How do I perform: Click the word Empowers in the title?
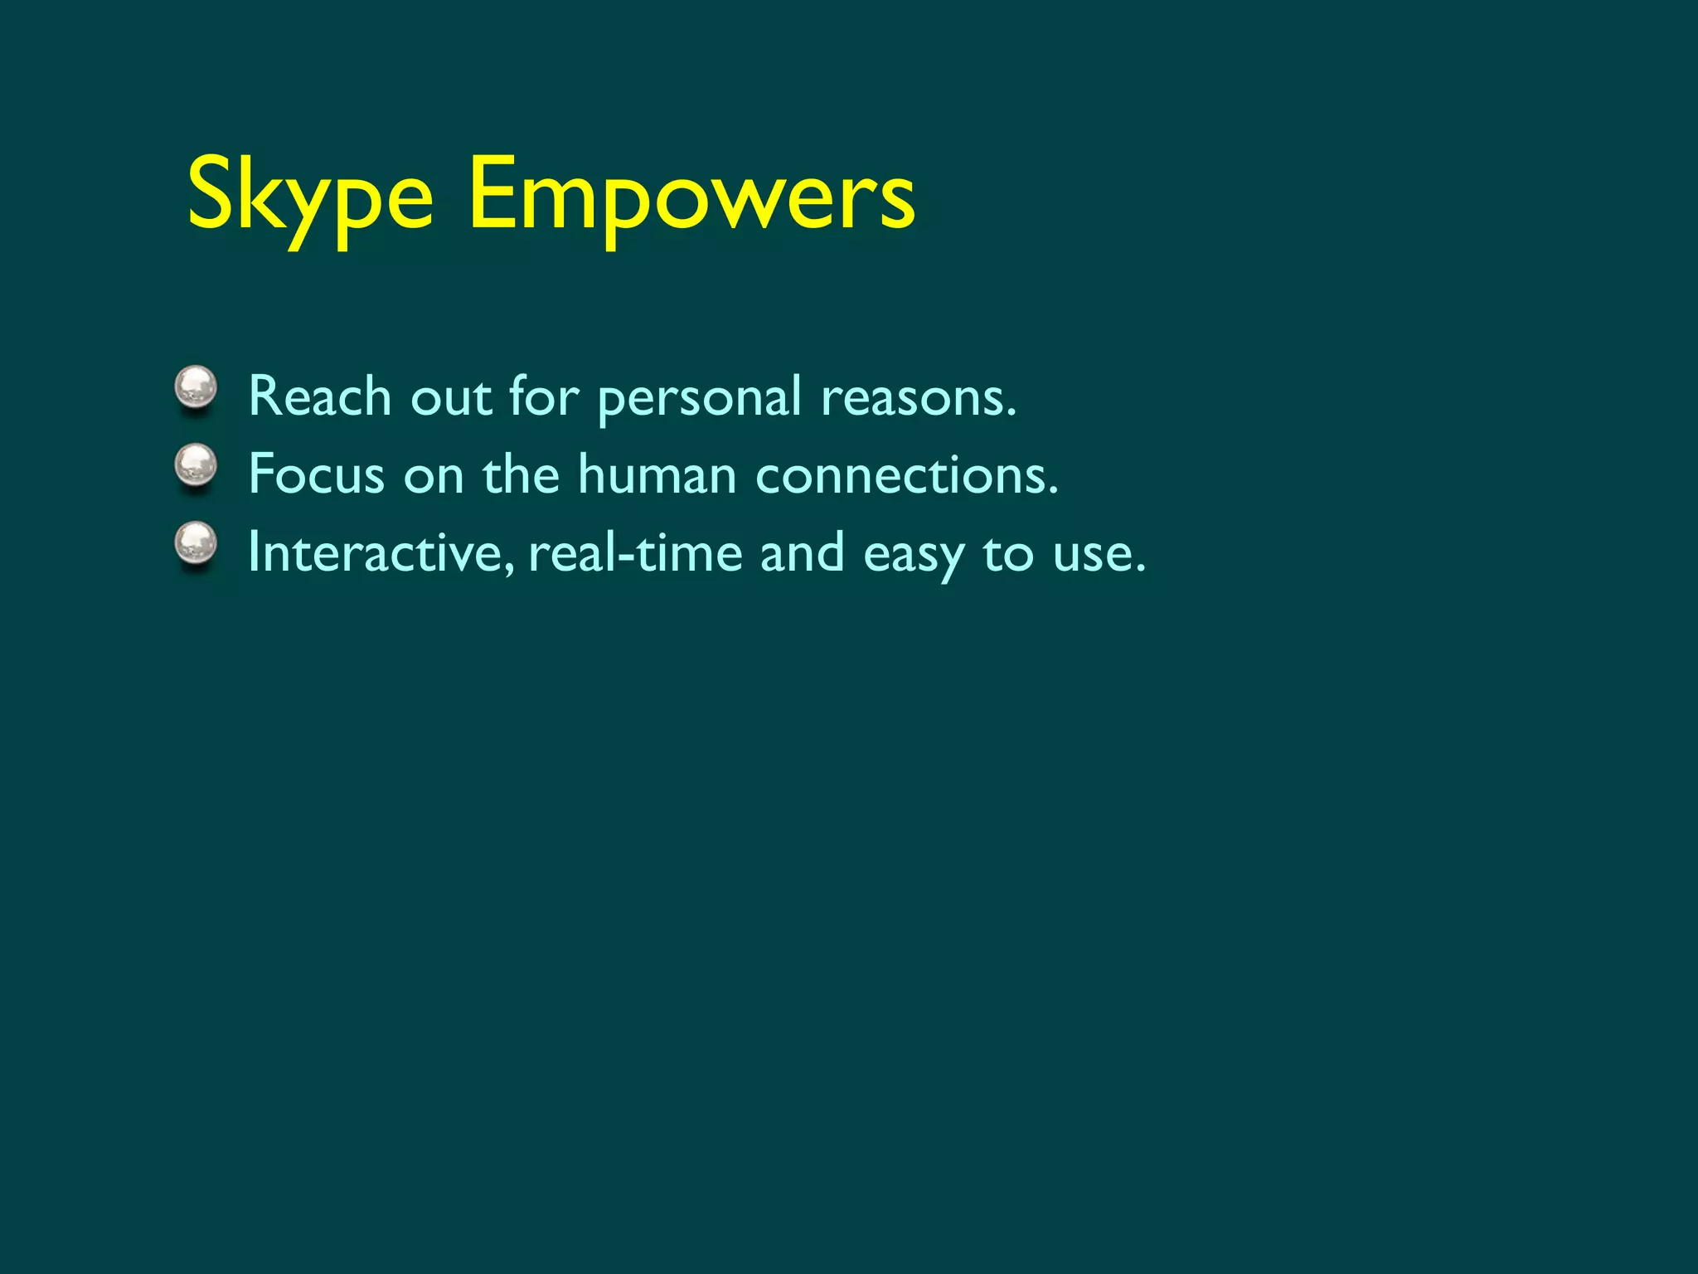pos(691,197)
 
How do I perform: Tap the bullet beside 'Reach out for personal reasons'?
pos(196,388)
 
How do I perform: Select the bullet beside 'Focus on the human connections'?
pos(196,466)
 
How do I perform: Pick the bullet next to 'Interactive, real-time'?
pos(196,545)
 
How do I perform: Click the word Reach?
pos(319,396)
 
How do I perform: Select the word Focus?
pos(316,474)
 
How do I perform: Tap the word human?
pos(657,474)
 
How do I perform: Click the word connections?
pos(907,474)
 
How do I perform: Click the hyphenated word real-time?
pos(634,552)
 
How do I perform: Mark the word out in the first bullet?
pos(451,397)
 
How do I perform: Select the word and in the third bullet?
pos(802,552)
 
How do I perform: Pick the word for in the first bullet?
pos(543,396)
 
